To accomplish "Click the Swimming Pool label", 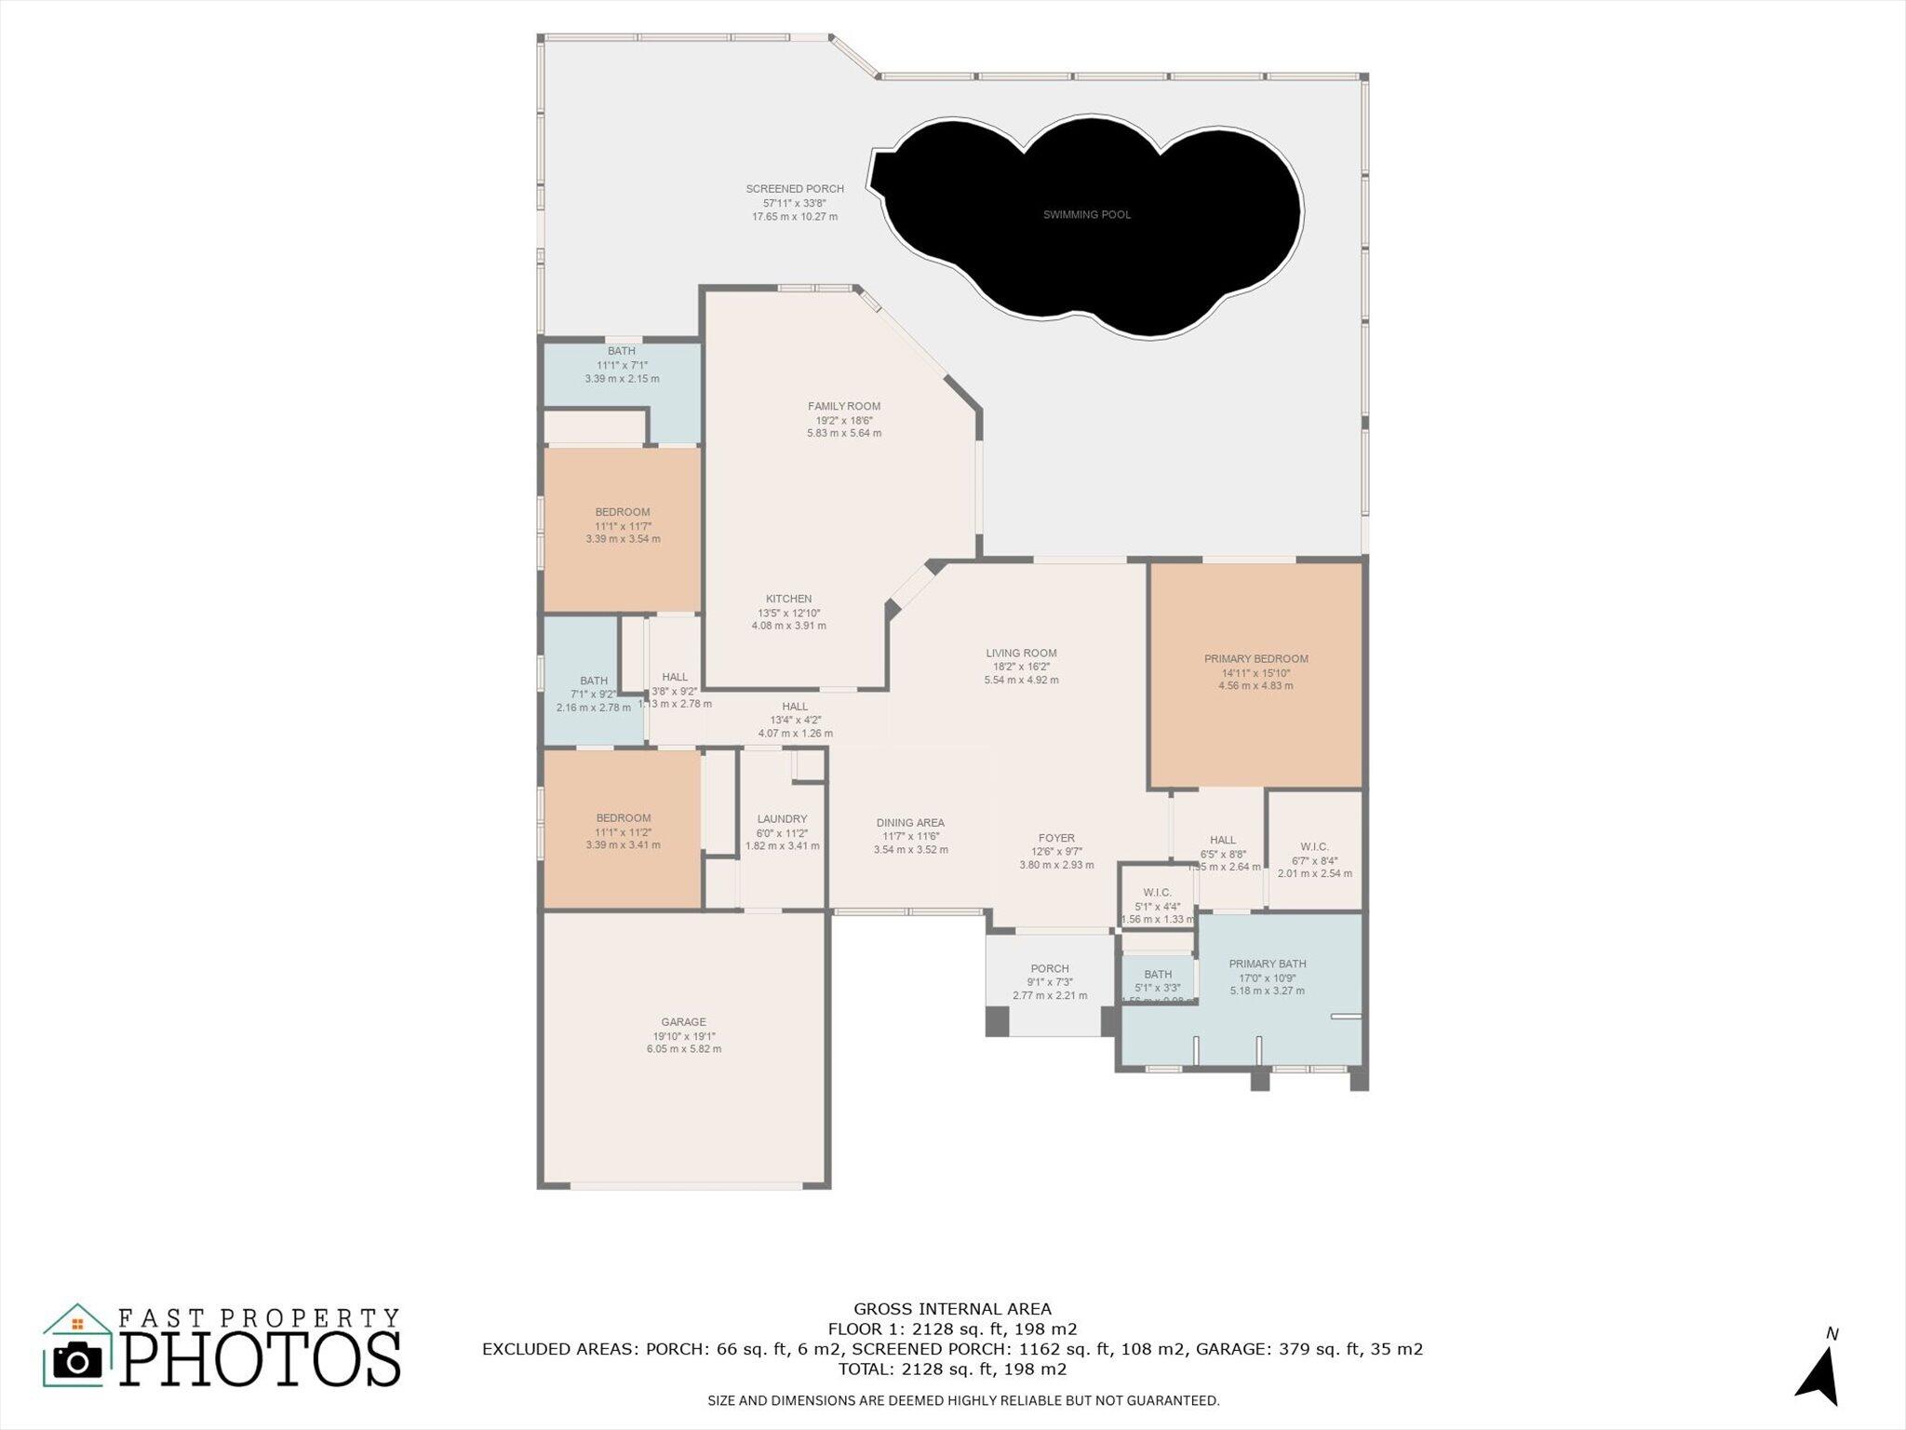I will [x=1086, y=215].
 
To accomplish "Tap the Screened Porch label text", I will [x=795, y=189].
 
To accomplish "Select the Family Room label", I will [x=843, y=406].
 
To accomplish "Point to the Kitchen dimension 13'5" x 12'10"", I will [x=788, y=613].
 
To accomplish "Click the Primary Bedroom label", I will [x=1255, y=659].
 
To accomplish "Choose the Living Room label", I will [x=1021, y=654].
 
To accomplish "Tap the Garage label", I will [x=683, y=1022].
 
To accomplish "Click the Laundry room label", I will [x=782, y=819].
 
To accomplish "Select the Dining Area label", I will [x=910, y=823].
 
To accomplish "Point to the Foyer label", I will [x=1056, y=838].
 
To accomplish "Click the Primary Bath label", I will [x=1267, y=964].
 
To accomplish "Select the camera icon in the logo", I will [x=78, y=1361].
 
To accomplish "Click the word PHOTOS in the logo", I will [x=260, y=1359].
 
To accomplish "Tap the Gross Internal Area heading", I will [x=952, y=1309].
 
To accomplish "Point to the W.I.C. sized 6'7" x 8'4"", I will [x=1314, y=846].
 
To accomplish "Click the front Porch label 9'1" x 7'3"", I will [x=1050, y=968].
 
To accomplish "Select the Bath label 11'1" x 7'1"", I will [x=622, y=351].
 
